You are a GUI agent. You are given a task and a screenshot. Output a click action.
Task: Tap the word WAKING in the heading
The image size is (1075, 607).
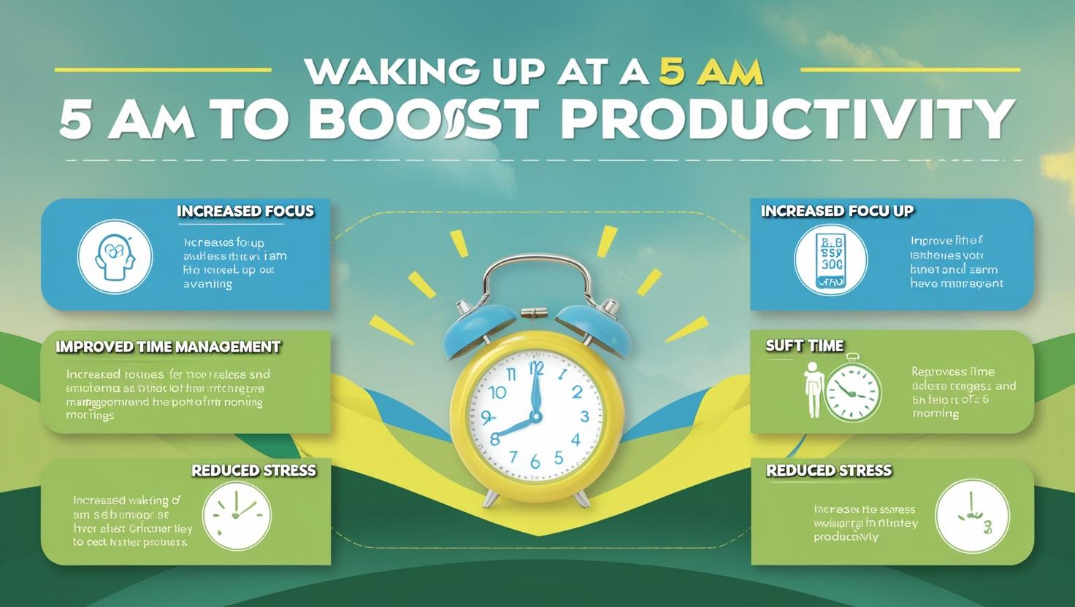point(386,72)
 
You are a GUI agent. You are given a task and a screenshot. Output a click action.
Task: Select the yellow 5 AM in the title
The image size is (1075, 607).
point(711,71)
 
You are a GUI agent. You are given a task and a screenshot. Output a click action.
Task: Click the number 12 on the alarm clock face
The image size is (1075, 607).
point(537,366)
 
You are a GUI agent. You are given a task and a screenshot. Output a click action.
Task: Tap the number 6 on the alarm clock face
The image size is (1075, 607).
point(535,462)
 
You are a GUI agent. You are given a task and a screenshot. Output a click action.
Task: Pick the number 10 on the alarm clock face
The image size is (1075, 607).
point(497,393)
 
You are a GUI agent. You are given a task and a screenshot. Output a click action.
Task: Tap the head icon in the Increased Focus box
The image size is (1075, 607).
point(115,256)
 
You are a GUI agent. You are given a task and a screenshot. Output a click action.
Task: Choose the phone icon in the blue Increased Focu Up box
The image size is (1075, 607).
point(830,260)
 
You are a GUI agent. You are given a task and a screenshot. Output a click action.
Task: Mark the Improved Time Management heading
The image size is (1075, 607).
point(168,347)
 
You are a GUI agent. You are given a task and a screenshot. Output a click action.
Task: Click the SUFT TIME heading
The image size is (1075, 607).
point(804,345)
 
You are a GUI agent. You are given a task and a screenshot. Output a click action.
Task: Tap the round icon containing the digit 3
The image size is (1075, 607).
point(972,517)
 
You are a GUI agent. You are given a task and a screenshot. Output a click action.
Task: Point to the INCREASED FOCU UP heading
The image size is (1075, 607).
point(837,211)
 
